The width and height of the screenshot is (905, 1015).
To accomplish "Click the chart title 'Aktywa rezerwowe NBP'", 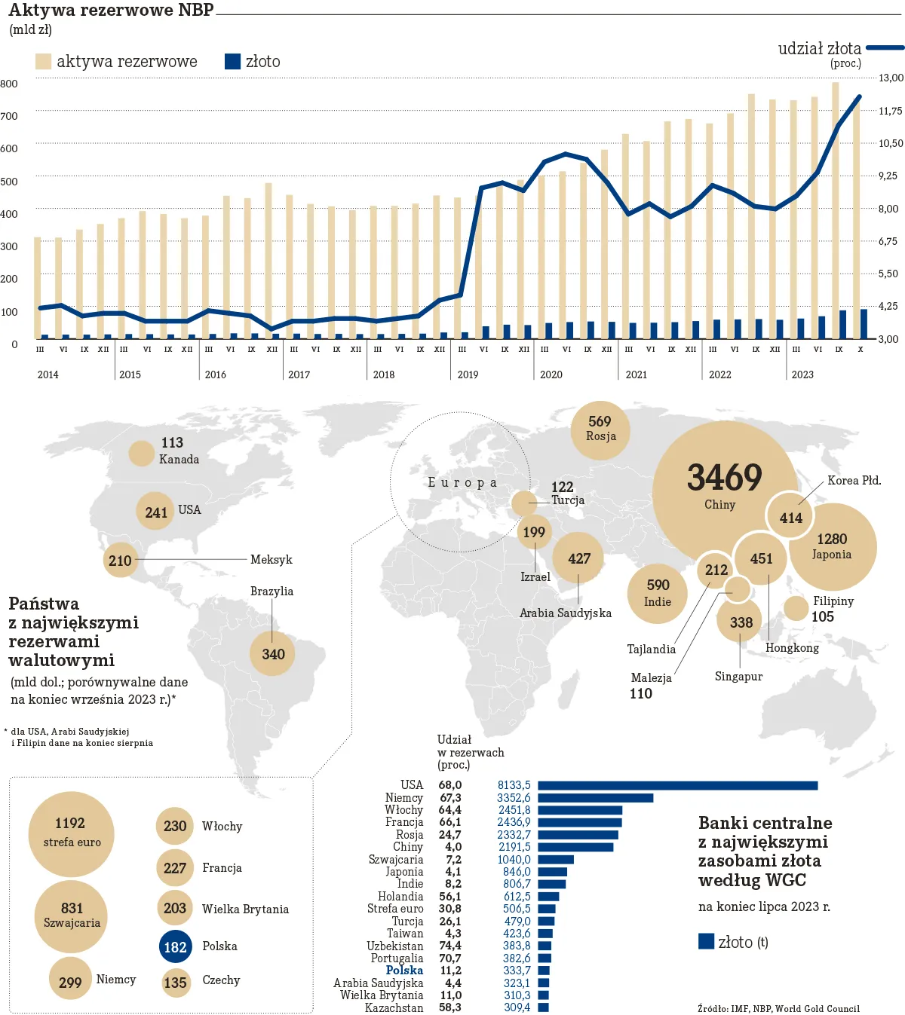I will coord(111,10).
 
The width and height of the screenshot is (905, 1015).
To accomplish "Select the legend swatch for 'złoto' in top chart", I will coord(232,62).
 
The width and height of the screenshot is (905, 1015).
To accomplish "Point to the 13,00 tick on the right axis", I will coord(891,78).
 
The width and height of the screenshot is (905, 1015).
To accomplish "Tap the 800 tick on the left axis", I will coord(9,84).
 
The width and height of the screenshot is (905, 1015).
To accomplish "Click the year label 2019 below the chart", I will coord(468,375).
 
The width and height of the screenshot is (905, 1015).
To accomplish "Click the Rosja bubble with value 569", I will coord(600,429).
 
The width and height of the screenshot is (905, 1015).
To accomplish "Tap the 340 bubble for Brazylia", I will coord(273,654).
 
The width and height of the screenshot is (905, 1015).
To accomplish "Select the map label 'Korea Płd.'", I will coord(854,481).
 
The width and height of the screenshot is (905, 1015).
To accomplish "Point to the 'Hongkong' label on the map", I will coord(792,648).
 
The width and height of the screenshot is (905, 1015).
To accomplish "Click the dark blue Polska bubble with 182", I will coord(175,947).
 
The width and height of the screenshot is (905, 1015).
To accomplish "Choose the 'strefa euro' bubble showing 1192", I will coord(71,833).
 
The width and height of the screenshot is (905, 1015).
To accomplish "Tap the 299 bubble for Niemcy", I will coord(70,981).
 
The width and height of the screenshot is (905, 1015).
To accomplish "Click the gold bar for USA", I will coord(677,786).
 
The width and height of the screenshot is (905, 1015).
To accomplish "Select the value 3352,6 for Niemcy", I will coord(514,798).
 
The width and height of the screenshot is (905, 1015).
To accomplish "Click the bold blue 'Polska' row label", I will coord(404,971).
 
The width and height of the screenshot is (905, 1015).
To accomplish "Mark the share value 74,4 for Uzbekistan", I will coord(450,946).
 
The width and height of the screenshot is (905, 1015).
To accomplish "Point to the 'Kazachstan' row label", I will coord(394,1007).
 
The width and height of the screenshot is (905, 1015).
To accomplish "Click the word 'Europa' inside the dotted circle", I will coord(462,483).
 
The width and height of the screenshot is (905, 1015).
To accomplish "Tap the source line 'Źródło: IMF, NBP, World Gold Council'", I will coord(778,1008).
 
